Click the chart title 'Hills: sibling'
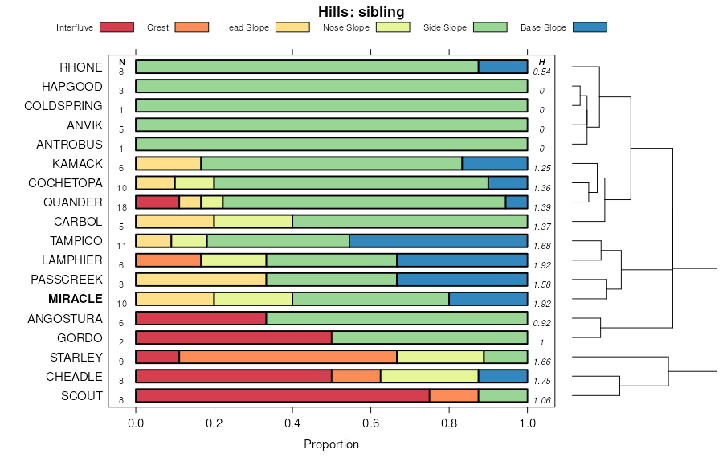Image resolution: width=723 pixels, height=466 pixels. coord(361,11)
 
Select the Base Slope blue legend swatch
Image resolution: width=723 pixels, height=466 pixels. coord(590,27)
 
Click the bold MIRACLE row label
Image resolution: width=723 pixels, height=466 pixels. coord(76,299)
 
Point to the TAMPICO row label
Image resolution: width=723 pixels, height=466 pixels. coord(77,241)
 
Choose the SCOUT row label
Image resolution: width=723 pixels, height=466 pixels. coord(82,395)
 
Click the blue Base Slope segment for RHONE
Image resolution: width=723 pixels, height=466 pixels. coord(503,67)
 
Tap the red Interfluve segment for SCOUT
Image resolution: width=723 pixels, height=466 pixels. coord(282,395)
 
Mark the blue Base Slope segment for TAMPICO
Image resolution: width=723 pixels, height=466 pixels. coord(439,240)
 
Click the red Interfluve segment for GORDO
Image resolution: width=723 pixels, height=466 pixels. coord(234,337)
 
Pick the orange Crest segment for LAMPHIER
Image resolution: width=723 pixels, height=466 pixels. coord(168,260)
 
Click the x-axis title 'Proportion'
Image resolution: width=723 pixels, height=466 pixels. coord(331,444)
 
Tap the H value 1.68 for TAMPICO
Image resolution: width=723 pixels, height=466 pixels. coord(542,246)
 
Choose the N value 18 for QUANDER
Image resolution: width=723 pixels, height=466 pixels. coord(121,207)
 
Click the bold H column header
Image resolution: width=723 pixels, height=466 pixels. coord(542,62)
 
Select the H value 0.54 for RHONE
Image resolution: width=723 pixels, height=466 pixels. coord(542,72)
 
